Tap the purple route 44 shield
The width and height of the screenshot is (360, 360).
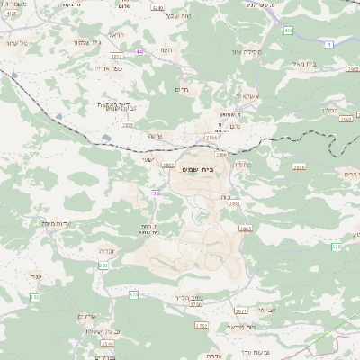pos(139,51)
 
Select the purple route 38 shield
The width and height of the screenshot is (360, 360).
pos(156,192)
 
